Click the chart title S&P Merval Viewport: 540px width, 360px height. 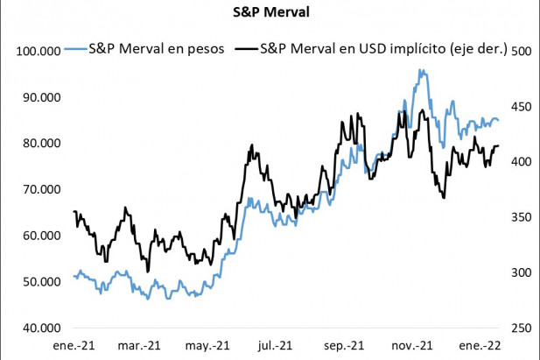coord(270,14)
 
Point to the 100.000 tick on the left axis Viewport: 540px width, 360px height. coord(39,51)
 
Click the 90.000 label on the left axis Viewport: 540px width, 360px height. coord(41,97)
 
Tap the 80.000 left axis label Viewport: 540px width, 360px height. coord(41,143)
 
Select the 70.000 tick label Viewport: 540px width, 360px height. coord(41,189)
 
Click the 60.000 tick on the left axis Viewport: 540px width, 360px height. coord(41,236)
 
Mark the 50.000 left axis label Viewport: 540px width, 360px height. coord(41,282)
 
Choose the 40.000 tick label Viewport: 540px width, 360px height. coord(41,328)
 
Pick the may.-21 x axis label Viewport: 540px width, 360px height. coord(211,345)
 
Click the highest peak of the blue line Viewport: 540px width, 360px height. coord(421,71)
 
